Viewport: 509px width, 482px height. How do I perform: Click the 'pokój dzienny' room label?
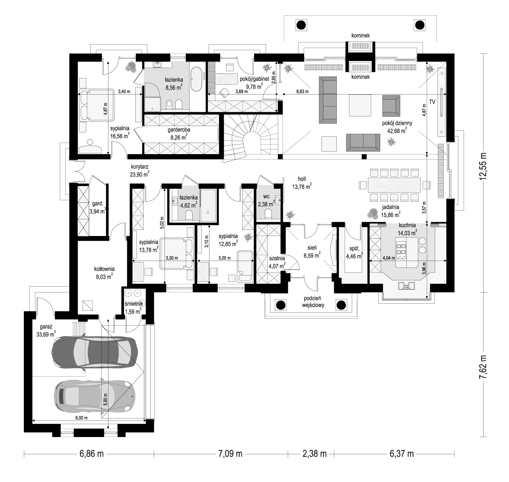pyautogui.click(x=397, y=123)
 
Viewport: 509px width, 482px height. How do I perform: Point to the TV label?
pyautogui.click(x=432, y=102)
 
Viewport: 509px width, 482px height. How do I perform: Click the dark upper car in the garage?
pyautogui.click(x=95, y=352)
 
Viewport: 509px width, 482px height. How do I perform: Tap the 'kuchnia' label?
pyautogui.click(x=407, y=226)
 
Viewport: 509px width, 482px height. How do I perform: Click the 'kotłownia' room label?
pyautogui.click(x=104, y=269)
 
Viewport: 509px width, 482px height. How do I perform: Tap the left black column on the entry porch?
pyautogui.click(x=281, y=305)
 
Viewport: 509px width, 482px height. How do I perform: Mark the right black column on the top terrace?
pyautogui.click(x=420, y=25)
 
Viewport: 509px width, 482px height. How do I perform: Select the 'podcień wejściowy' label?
pyautogui.click(x=313, y=302)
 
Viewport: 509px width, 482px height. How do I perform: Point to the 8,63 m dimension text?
pyautogui.click(x=303, y=91)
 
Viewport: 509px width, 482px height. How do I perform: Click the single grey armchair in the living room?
pyautogui.click(x=391, y=106)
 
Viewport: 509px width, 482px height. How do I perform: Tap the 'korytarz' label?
pyautogui.click(x=140, y=167)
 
